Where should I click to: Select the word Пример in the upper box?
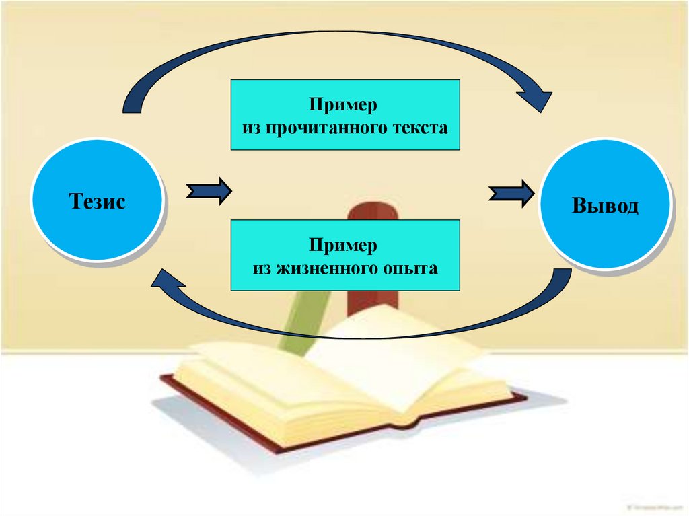click(344, 106)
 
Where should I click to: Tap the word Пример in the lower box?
click(344, 246)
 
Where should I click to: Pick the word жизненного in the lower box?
click(317, 268)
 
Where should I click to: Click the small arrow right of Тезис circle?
click(209, 193)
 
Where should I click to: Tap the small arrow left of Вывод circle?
click(512, 194)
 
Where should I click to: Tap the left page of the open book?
click(269, 383)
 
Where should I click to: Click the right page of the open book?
click(417, 357)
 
